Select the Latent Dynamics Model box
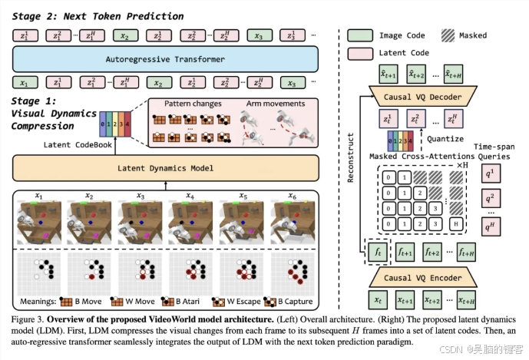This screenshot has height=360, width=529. pyautogui.click(x=165, y=167)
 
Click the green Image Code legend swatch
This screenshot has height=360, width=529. pyautogui.click(x=359, y=35)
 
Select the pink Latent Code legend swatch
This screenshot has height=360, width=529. pyautogui.click(x=359, y=52)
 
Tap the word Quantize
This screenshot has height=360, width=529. pyautogui.click(x=445, y=139)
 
